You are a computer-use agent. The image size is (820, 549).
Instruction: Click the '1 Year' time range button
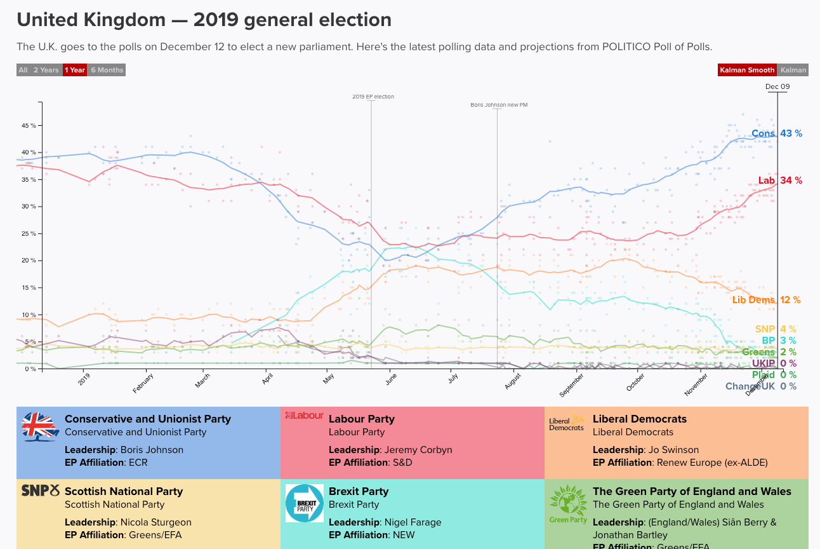[74, 70]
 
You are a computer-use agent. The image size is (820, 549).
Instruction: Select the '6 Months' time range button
[107, 70]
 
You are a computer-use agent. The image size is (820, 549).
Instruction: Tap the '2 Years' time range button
[46, 70]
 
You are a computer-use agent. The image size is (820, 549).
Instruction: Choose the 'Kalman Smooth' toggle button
[747, 70]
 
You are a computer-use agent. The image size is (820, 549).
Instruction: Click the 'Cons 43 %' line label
[777, 133]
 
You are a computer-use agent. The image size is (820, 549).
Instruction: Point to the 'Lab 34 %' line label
[780, 180]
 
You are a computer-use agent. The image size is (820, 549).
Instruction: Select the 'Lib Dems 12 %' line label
[766, 300]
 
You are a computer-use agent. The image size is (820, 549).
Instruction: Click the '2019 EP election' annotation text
[373, 97]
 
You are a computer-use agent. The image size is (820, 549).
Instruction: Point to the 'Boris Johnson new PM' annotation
[499, 105]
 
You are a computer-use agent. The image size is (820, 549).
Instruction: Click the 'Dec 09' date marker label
[777, 86]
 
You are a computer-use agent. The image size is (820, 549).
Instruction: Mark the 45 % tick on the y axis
[29, 126]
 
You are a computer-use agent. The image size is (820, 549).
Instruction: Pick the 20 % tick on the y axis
[29, 261]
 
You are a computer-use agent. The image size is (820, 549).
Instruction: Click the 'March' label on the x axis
[203, 381]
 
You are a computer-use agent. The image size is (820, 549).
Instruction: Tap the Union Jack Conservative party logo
[41, 427]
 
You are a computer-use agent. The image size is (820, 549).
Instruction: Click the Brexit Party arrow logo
[305, 503]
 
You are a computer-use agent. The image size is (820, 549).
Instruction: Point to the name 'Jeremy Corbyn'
[418, 450]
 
